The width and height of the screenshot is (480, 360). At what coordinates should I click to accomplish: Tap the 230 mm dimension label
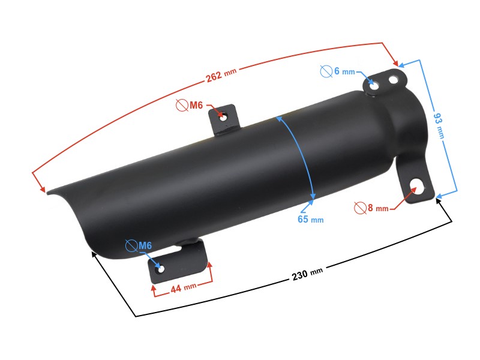pos(307,274)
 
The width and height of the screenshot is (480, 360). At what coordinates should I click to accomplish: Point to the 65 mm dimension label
pos(310,219)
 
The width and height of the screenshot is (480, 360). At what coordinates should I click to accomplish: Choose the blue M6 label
pos(145,245)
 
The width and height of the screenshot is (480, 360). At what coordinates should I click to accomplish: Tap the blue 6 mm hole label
pos(344,71)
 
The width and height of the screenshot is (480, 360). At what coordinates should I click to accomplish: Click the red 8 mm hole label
pos(378,208)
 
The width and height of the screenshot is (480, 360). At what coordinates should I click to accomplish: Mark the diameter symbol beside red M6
pos(182,106)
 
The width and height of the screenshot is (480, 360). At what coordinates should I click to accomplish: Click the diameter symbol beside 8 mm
pos(360,208)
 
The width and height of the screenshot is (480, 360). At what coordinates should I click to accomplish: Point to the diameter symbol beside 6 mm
pos(326,71)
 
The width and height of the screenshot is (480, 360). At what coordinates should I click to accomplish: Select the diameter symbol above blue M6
pos(131,245)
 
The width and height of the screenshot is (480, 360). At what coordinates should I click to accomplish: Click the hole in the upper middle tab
pos(223,116)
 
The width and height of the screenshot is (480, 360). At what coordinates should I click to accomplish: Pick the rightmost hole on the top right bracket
pos(394,78)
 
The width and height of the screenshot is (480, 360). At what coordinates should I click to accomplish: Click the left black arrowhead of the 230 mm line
pos(94,254)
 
